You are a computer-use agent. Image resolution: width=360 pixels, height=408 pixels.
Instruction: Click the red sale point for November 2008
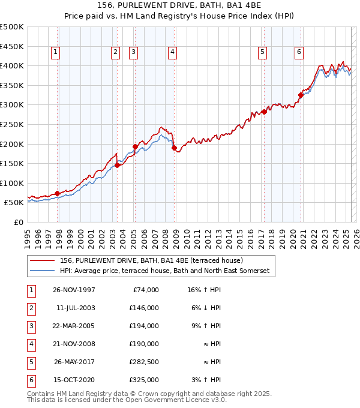click(x=174, y=148)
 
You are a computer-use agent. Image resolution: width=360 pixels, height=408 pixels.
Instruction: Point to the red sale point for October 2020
click(x=301, y=94)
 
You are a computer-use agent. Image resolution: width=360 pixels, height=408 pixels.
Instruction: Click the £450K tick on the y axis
click(x=12, y=46)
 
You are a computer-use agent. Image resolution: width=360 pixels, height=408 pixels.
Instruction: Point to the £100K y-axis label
click(x=12, y=183)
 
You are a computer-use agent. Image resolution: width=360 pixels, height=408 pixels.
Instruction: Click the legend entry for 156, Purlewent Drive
click(x=151, y=260)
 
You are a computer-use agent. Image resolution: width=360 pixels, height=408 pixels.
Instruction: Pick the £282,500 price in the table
click(x=144, y=362)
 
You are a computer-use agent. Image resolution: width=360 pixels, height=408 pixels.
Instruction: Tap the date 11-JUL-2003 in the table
click(x=75, y=308)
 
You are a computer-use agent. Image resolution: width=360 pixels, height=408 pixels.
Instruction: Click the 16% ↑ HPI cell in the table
click(x=204, y=290)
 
